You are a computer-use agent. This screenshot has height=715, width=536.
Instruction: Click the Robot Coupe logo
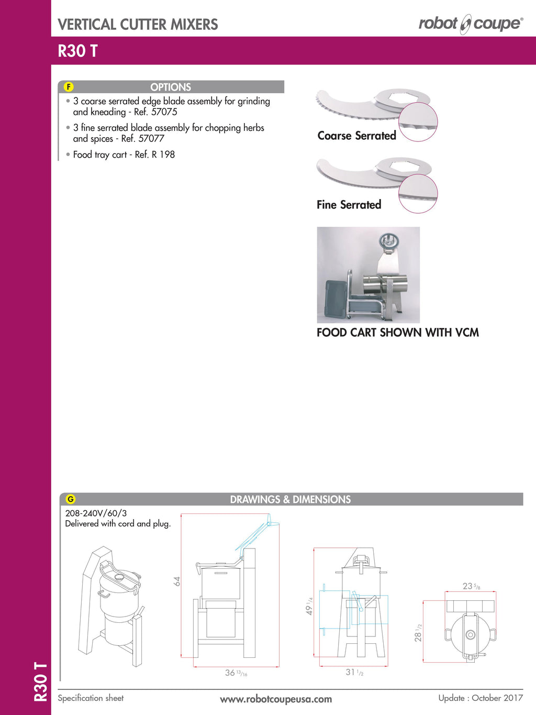[x=470, y=24]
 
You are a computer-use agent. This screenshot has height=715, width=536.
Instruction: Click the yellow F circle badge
[x=69, y=87]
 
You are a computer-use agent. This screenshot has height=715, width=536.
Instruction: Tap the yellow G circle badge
[x=70, y=499]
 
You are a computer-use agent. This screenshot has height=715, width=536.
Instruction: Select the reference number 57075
[x=164, y=112]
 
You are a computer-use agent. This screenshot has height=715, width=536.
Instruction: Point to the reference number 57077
[x=151, y=139]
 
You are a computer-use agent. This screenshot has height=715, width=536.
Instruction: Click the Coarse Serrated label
[x=356, y=136]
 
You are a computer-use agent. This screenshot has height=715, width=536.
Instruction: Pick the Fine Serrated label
[x=349, y=205]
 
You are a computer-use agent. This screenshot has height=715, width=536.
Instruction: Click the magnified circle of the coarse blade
[x=418, y=122]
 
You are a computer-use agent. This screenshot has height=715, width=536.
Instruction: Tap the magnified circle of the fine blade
[x=418, y=194]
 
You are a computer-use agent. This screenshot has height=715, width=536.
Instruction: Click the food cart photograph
[x=368, y=275]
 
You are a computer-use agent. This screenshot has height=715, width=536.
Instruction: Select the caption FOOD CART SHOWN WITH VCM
[x=397, y=333]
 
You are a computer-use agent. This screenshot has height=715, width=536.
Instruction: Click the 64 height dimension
[x=177, y=581]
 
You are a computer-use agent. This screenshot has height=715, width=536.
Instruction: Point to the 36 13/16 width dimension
[x=236, y=673]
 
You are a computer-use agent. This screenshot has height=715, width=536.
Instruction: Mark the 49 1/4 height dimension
[x=309, y=607]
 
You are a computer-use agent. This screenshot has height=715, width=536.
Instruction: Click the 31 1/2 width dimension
[x=354, y=673]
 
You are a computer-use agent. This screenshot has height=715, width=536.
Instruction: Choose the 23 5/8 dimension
[x=471, y=586]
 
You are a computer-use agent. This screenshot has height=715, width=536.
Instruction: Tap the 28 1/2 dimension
[x=418, y=633]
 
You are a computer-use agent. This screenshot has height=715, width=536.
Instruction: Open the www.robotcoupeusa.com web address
[x=275, y=699]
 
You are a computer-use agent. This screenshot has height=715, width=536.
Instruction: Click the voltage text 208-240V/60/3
[x=96, y=513]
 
